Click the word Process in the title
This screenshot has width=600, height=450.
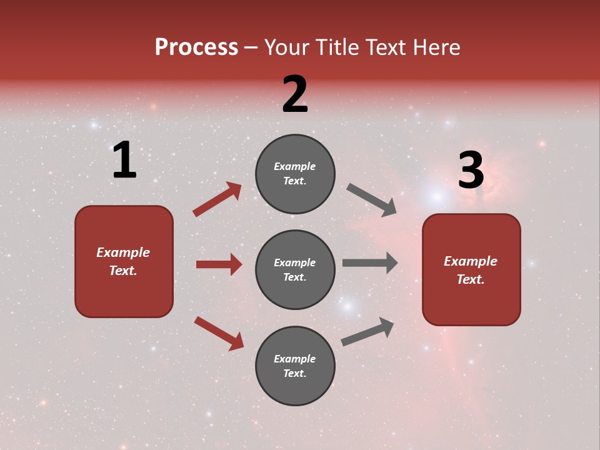[x=196, y=47]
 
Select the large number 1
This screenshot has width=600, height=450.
[x=124, y=161]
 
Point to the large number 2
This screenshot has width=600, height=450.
[x=295, y=94]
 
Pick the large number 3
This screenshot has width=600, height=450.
[x=471, y=171]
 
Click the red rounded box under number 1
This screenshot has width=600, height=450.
[x=124, y=261]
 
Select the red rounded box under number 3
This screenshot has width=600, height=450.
[x=471, y=270]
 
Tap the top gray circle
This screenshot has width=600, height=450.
[x=295, y=174]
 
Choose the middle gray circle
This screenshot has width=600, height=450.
[x=295, y=269]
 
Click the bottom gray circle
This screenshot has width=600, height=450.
[x=295, y=366]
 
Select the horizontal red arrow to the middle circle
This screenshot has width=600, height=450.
[x=219, y=264]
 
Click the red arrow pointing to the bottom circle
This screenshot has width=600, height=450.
[x=219, y=333]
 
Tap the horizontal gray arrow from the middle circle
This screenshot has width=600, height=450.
[x=370, y=262]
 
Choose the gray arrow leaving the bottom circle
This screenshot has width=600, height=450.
[x=367, y=332]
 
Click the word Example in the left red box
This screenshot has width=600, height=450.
[x=123, y=252]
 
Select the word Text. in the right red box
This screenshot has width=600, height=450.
[x=471, y=279]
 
